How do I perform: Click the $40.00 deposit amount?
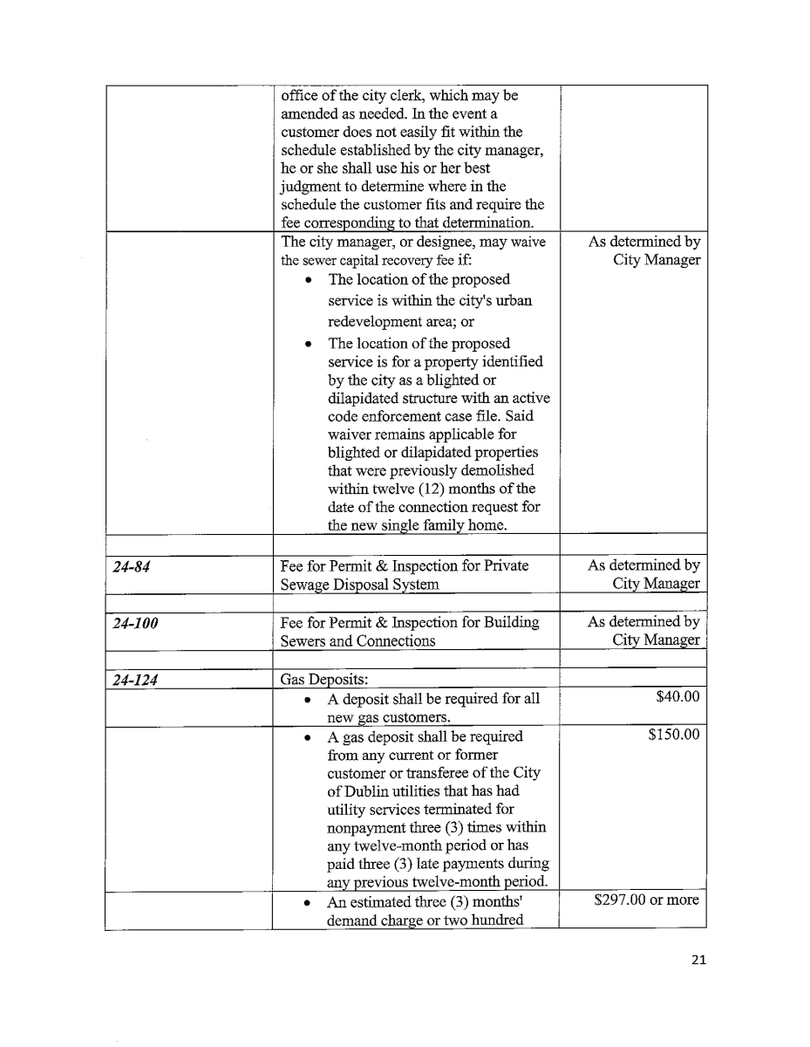coord(677,696)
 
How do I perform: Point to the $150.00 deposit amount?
coord(674,735)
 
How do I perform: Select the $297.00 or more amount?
coord(646,900)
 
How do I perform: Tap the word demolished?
coord(496,470)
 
